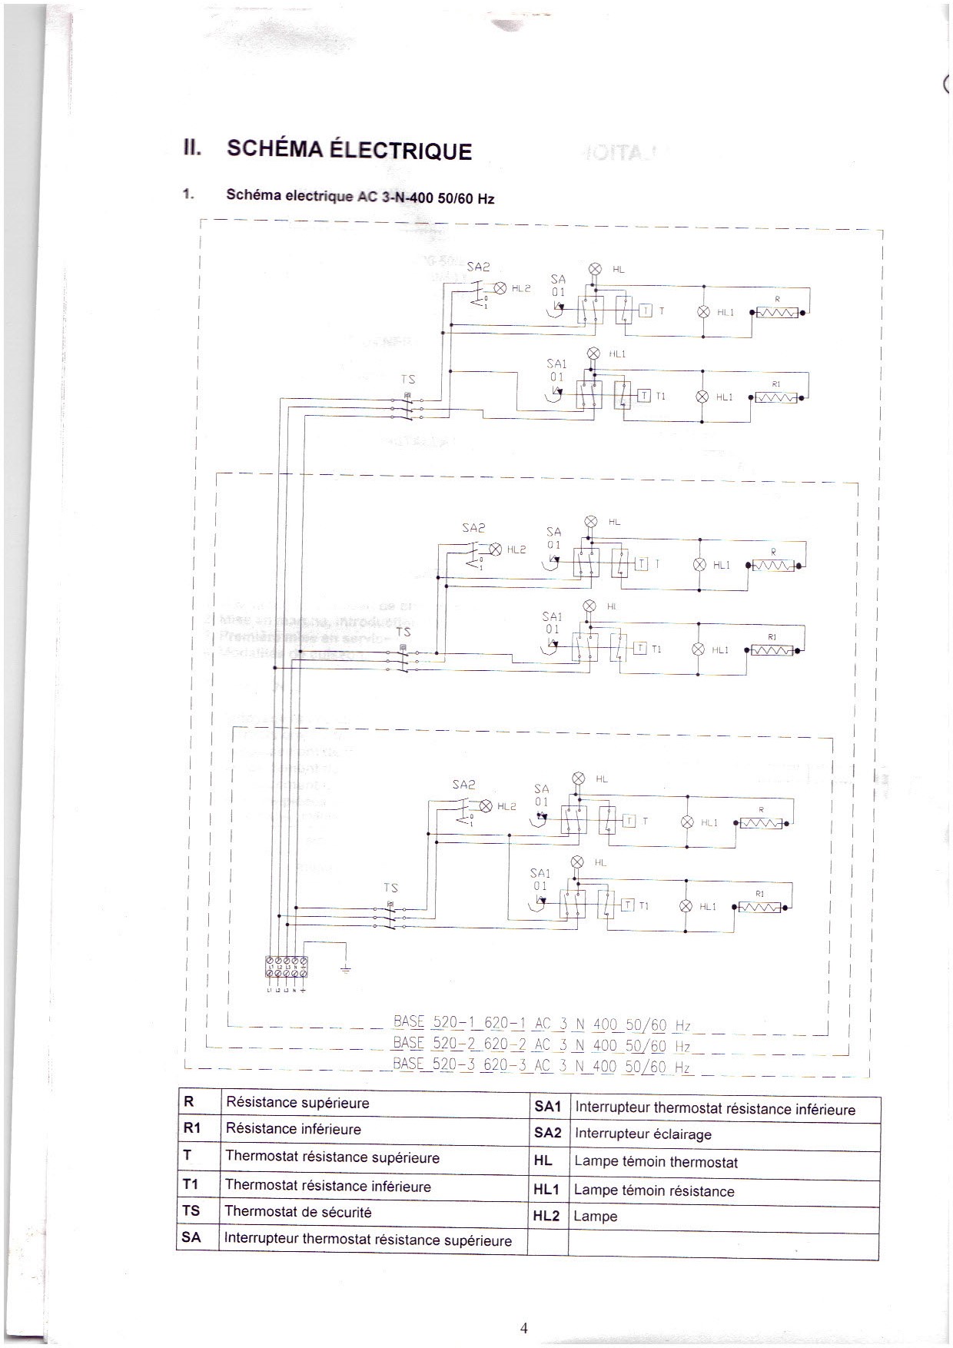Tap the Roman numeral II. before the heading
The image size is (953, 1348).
click(192, 147)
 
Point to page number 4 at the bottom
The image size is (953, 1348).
click(524, 1328)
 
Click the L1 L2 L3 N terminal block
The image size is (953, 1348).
click(287, 967)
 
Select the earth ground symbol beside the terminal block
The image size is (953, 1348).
click(345, 970)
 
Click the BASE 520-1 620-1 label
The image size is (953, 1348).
click(541, 1024)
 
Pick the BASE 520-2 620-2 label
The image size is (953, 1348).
click(541, 1044)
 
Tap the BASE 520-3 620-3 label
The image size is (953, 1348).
click(541, 1065)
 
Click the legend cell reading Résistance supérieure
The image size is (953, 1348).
click(297, 1103)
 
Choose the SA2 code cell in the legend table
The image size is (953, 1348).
click(547, 1133)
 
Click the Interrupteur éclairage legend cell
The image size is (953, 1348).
click(643, 1134)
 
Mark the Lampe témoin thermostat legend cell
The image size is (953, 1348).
click(656, 1162)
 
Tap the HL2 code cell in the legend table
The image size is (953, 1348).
click(546, 1217)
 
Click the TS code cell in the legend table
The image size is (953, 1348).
click(191, 1210)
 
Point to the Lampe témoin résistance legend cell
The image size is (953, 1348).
click(654, 1191)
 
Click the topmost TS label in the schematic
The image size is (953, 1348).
click(407, 379)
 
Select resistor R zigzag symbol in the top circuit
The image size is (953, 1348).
click(778, 313)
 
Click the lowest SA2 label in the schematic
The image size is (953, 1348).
click(463, 784)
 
